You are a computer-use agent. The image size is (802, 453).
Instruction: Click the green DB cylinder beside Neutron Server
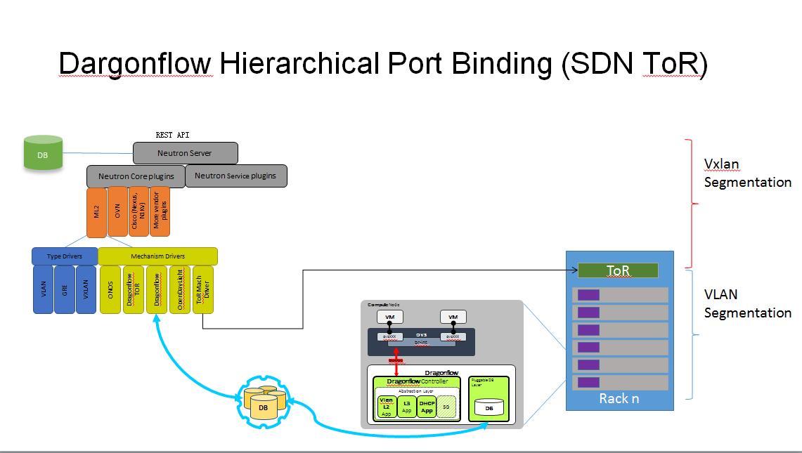[43, 152]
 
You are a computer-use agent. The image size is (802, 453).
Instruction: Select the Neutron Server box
[185, 153]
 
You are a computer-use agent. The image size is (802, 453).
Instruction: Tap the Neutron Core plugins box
[136, 176]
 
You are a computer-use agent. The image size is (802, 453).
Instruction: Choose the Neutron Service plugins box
[235, 176]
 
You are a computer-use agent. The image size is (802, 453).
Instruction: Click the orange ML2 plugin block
[97, 212]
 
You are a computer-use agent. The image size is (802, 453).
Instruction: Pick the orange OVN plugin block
[117, 212]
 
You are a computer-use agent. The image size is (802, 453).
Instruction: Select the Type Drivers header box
[64, 256]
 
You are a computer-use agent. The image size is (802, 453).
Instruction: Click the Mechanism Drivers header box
[157, 256]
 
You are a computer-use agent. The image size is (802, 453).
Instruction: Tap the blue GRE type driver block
[65, 289]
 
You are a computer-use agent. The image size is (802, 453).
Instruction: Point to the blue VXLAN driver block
[86, 289]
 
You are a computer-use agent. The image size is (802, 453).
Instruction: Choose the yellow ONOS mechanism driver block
[110, 289]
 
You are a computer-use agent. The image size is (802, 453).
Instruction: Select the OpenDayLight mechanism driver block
[180, 289]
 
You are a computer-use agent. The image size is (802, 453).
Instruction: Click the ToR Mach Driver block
[202, 289]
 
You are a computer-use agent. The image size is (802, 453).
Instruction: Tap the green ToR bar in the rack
[618, 270]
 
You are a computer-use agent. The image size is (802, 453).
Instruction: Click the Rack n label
[619, 398]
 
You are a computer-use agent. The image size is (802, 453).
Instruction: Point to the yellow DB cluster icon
[264, 404]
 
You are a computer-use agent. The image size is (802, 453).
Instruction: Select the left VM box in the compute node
[390, 317]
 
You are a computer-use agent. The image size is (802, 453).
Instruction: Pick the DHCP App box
[427, 407]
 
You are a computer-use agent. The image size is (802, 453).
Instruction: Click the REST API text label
[172, 134]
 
